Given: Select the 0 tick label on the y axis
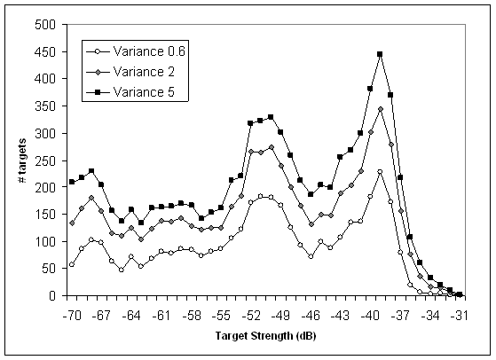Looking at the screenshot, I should [x=51, y=295].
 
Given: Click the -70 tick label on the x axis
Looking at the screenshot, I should [x=72, y=315].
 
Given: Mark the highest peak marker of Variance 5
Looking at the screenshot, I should [x=380, y=54].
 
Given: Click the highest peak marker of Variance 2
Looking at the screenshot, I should [x=380, y=109].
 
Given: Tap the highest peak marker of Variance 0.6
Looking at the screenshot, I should [x=380, y=172].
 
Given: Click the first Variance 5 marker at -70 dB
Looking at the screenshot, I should [x=72, y=182].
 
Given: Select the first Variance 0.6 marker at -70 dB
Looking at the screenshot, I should [x=72, y=264].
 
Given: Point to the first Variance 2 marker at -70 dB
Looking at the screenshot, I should [x=72, y=223].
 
